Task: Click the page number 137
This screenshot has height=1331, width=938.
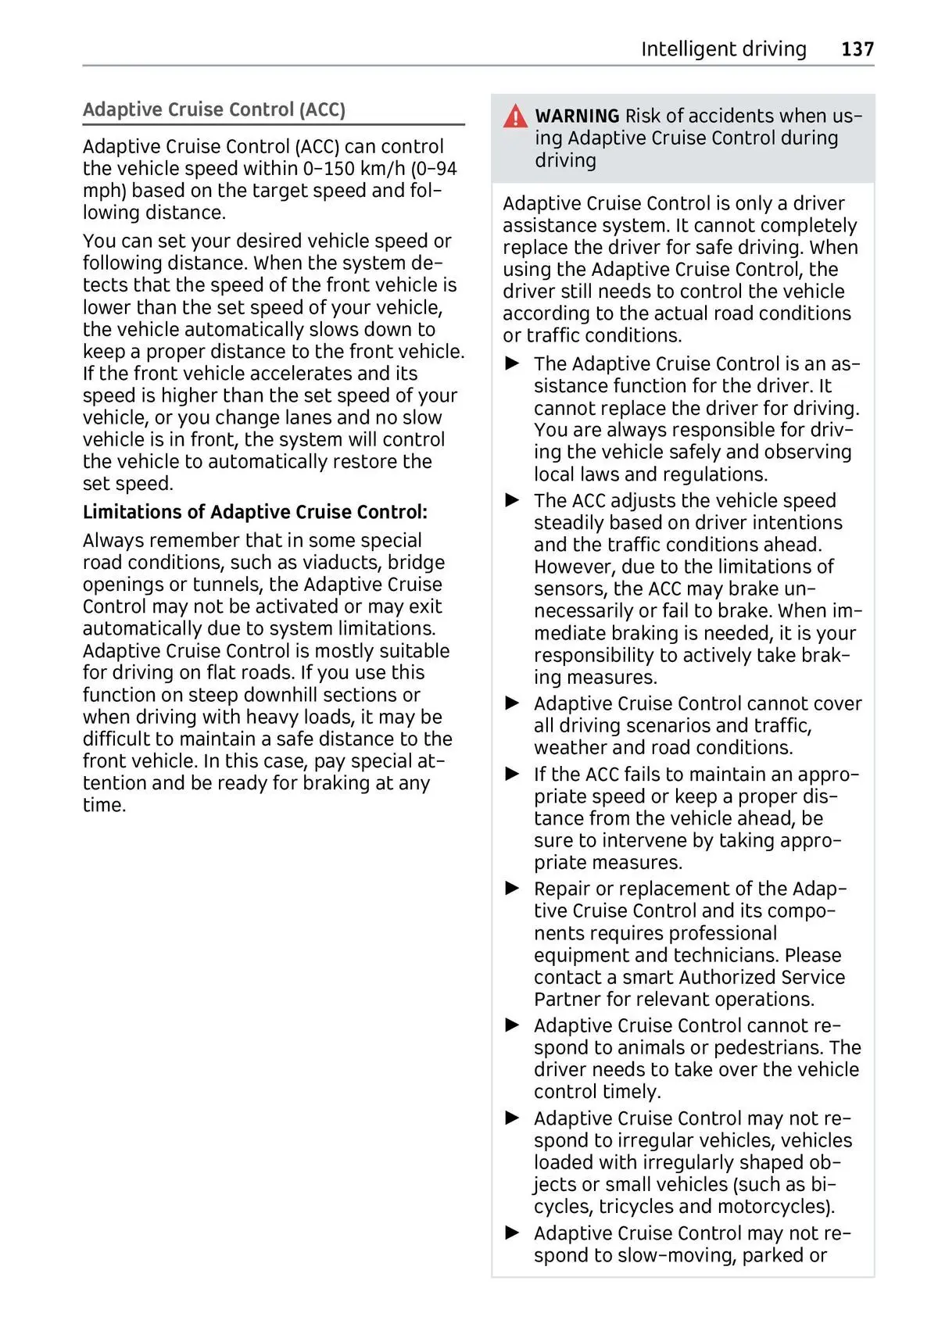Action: click(x=857, y=49)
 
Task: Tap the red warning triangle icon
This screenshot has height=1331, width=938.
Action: click(x=515, y=117)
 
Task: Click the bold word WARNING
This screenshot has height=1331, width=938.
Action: click(x=577, y=116)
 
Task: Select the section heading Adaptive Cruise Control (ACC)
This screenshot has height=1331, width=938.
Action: click(x=214, y=109)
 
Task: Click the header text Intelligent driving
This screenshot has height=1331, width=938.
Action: click(x=723, y=49)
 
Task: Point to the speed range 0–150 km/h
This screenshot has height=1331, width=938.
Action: click(x=354, y=169)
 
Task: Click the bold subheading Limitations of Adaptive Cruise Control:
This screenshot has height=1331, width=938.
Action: click(x=255, y=512)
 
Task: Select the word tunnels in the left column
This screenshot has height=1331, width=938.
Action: click(x=227, y=585)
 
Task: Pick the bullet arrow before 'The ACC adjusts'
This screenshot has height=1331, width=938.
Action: click(x=513, y=500)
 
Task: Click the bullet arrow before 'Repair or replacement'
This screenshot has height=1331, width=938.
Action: click(x=513, y=889)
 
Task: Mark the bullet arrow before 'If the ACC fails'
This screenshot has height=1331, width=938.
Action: click(x=513, y=774)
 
